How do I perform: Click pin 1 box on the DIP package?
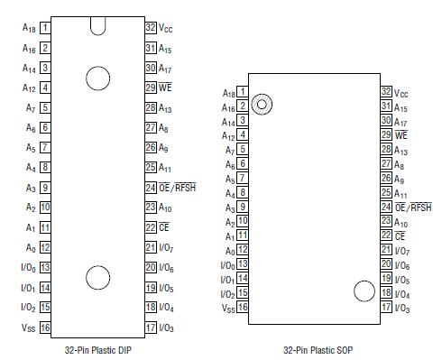point(45,28)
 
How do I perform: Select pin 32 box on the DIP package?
point(151,28)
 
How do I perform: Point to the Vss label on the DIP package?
point(28,328)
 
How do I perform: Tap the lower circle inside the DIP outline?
point(97,276)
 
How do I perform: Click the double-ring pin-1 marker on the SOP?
point(262,105)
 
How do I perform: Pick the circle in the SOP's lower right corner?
point(364,291)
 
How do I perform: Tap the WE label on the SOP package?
point(401,134)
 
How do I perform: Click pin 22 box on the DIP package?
point(151,227)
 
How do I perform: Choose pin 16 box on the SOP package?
point(243,307)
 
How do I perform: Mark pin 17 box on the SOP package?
point(386,307)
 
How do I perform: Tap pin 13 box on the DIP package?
point(45,267)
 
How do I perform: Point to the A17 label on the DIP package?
point(167,68)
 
